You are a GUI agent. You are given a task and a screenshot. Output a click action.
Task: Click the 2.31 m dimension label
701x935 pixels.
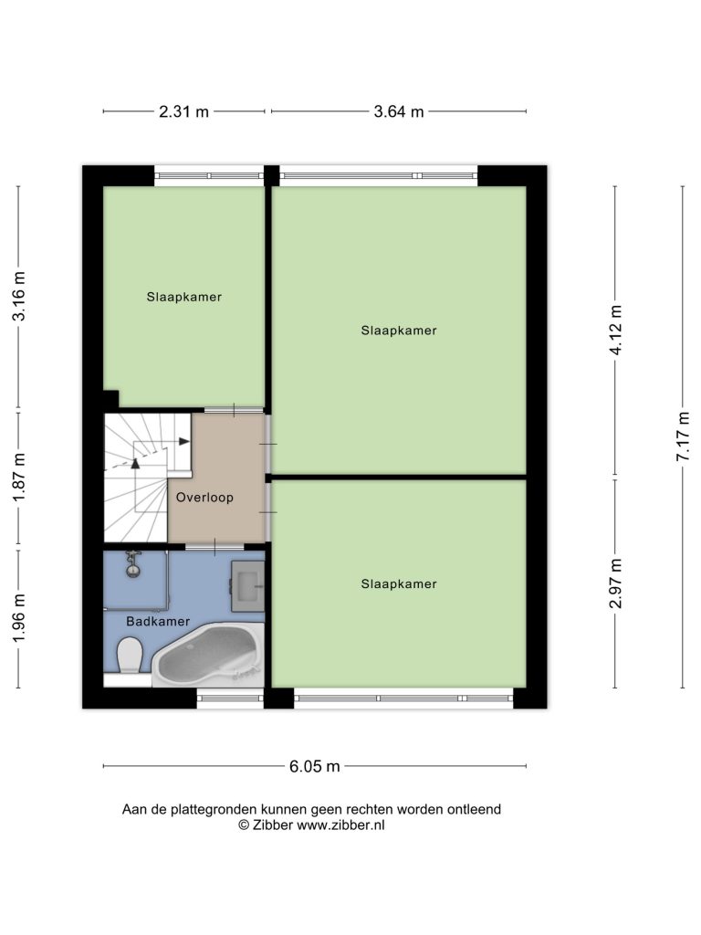[183, 111]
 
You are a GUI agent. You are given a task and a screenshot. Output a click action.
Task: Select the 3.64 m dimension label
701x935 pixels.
[398, 111]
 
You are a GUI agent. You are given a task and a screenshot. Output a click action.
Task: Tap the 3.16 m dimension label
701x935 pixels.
[19, 296]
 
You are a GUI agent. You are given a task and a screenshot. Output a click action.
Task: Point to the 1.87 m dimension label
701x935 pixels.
[19, 477]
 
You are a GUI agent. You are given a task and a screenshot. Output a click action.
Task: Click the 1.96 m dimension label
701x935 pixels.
[19, 618]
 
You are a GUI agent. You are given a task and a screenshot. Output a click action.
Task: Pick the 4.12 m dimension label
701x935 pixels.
[616, 330]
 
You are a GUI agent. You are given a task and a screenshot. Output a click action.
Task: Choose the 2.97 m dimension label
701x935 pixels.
[616, 583]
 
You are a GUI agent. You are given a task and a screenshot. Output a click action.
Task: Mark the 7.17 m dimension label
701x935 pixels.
[684, 436]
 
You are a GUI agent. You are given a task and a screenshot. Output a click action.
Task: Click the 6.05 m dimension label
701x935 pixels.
[315, 766]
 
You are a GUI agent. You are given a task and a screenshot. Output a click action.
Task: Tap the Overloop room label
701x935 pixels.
[204, 498]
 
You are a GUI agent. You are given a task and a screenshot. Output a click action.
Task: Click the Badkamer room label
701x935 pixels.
[158, 621]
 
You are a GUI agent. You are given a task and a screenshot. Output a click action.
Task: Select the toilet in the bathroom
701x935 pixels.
[129, 655]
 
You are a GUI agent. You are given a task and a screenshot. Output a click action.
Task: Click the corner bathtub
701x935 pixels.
[209, 655]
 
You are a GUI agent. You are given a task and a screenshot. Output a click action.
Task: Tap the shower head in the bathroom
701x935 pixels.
[133, 564]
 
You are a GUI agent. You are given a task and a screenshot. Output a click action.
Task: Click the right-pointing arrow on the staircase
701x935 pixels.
[184, 441]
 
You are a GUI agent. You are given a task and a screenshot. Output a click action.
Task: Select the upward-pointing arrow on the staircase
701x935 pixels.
[135, 463]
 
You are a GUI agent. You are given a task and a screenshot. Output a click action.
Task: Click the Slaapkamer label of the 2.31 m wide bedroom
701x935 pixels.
[184, 297]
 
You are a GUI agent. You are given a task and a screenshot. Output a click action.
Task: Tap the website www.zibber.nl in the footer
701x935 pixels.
[341, 825]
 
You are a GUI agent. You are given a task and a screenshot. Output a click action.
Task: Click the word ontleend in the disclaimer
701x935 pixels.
[474, 810]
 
